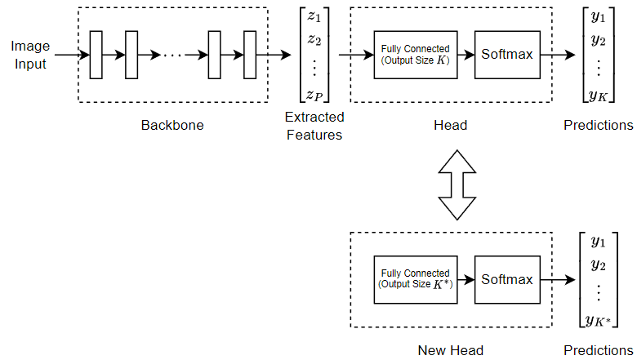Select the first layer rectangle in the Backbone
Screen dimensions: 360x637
click(x=96, y=55)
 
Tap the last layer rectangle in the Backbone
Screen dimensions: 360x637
click(x=250, y=55)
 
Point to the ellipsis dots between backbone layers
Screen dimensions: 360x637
click(x=173, y=56)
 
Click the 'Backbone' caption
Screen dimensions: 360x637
click(x=172, y=125)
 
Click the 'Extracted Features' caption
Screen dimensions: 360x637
click(x=314, y=125)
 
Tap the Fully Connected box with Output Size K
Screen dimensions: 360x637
click(x=415, y=55)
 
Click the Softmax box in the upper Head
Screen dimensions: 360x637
click(x=506, y=55)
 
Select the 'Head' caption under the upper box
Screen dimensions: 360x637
click(x=450, y=125)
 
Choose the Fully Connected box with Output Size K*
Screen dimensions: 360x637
click(x=415, y=279)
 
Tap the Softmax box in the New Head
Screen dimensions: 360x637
click(x=506, y=279)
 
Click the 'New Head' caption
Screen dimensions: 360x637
click(x=450, y=350)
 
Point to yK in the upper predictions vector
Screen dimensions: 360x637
click(x=599, y=96)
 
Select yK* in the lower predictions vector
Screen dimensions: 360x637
click(x=599, y=320)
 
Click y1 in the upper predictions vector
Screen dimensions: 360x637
click(x=599, y=16)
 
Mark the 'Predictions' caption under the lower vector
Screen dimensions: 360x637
click(x=599, y=350)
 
